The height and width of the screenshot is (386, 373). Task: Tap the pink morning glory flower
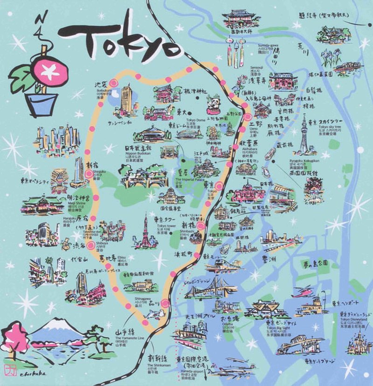(x=47, y=71)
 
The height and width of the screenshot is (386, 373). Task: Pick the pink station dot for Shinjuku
(x=89, y=174)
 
